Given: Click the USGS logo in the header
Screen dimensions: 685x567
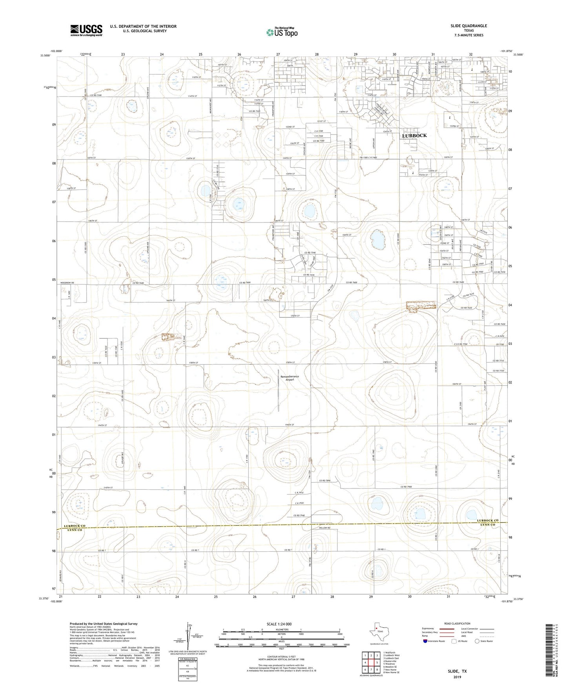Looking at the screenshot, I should coord(86,30).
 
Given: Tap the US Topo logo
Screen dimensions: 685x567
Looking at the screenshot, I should coord(281,32).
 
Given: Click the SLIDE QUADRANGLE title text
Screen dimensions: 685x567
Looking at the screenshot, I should coord(469,26).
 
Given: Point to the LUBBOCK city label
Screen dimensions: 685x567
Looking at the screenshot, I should coord(414,136).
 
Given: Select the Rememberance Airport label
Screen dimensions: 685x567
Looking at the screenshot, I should coord(290,378).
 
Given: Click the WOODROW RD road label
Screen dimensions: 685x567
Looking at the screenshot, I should coord(67,283).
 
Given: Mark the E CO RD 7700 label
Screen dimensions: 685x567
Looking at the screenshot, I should coord(459,344).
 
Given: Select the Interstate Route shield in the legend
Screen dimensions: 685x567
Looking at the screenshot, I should coord(425,641).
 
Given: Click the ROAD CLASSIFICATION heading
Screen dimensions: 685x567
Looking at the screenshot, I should coord(457,623).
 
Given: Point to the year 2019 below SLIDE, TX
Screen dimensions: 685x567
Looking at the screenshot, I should coord(457,677).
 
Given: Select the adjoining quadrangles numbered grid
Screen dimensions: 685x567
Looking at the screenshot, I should coord(371,663).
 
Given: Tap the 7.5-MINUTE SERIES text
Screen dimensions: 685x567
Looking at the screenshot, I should coord(469,35).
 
